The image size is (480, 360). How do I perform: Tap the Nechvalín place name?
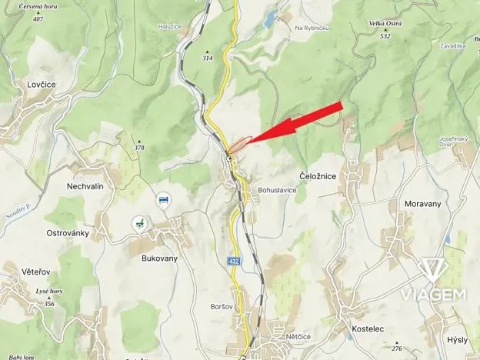(85, 186)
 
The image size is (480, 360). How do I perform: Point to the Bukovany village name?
(159, 258)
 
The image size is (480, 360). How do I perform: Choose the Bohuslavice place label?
(277, 189)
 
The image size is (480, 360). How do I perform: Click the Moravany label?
(422, 204)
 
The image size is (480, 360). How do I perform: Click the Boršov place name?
(222, 306)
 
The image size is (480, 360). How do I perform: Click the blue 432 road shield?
(234, 262)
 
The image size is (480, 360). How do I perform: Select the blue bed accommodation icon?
(163, 200)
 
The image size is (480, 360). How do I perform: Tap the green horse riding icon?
(139, 222)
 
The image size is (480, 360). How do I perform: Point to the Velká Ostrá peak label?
(386, 24)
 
